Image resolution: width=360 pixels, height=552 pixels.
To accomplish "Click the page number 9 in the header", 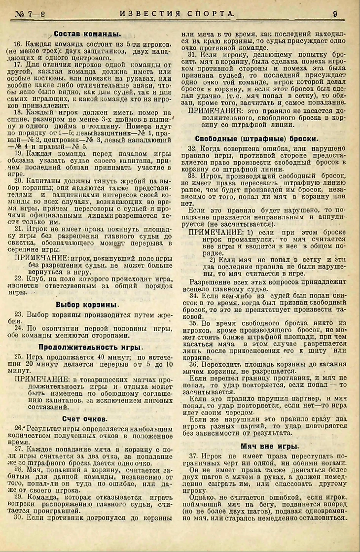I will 335,14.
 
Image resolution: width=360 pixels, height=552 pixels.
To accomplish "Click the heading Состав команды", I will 88,34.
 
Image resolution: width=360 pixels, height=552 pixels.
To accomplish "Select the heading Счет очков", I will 85,418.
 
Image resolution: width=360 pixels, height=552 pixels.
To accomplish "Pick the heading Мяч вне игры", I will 269,446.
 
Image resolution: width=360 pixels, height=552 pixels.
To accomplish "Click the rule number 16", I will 18,45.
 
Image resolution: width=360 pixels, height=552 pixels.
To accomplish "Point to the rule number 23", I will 19,314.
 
